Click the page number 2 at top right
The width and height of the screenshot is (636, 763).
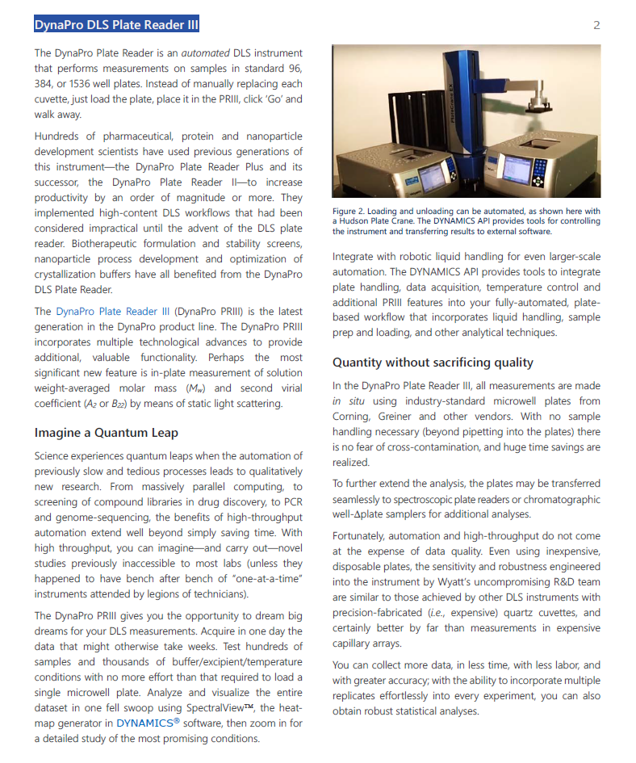coord(596,25)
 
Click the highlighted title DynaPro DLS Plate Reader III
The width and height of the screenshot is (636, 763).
coord(116,25)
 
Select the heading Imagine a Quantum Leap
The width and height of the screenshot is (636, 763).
coord(106,433)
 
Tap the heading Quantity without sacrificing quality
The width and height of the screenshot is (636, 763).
coord(433,363)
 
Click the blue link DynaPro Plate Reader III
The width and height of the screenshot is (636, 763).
coord(113,311)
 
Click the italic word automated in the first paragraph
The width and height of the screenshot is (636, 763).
coord(205,53)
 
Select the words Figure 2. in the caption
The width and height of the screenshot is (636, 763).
coord(350,212)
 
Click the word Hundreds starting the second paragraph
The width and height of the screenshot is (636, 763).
coord(56,136)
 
